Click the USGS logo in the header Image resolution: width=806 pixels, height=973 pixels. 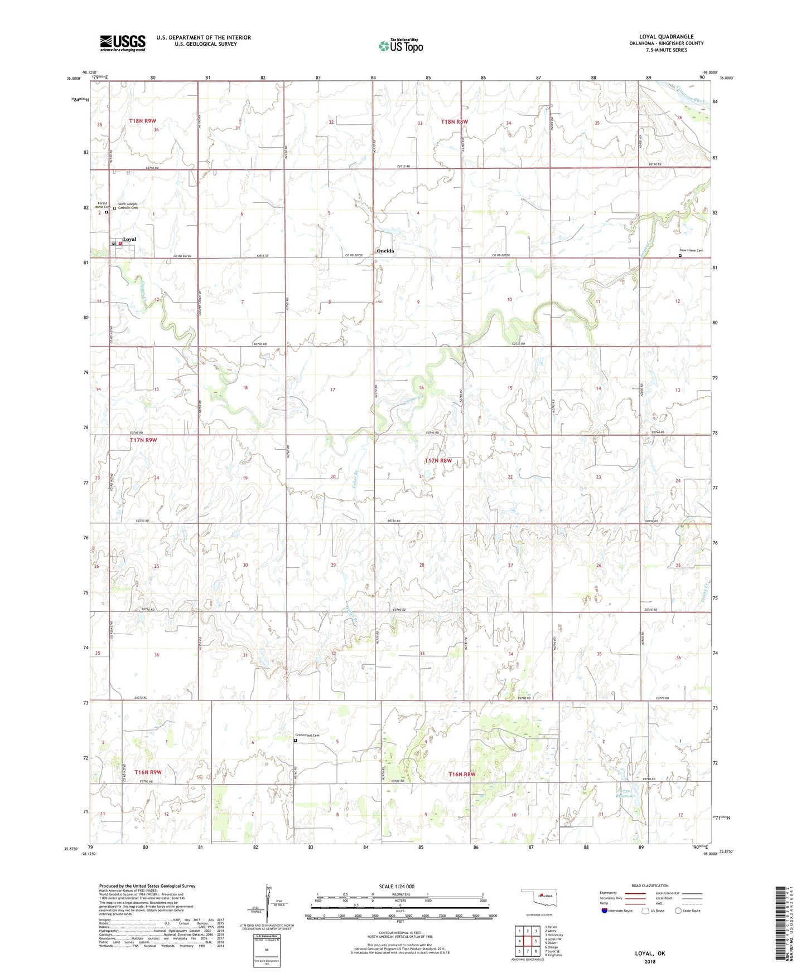pos(122,43)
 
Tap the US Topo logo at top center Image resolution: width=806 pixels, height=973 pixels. pos(400,46)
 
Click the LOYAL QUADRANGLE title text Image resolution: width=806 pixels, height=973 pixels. pos(666,37)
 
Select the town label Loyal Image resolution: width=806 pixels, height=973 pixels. pos(129,239)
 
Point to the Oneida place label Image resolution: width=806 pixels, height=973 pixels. pos(385,251)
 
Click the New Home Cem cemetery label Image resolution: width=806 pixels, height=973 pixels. pos(691,251)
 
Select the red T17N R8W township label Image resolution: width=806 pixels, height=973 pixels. pos(438,461)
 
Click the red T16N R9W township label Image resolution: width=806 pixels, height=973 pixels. pos(148,772)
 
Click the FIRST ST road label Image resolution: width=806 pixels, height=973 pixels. pos(263,256)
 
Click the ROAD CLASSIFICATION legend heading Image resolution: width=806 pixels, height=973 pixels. pos(650,886)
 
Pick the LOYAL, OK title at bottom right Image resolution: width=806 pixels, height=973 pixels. pos(650,953)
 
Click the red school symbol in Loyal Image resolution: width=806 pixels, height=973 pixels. pos(120,244)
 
